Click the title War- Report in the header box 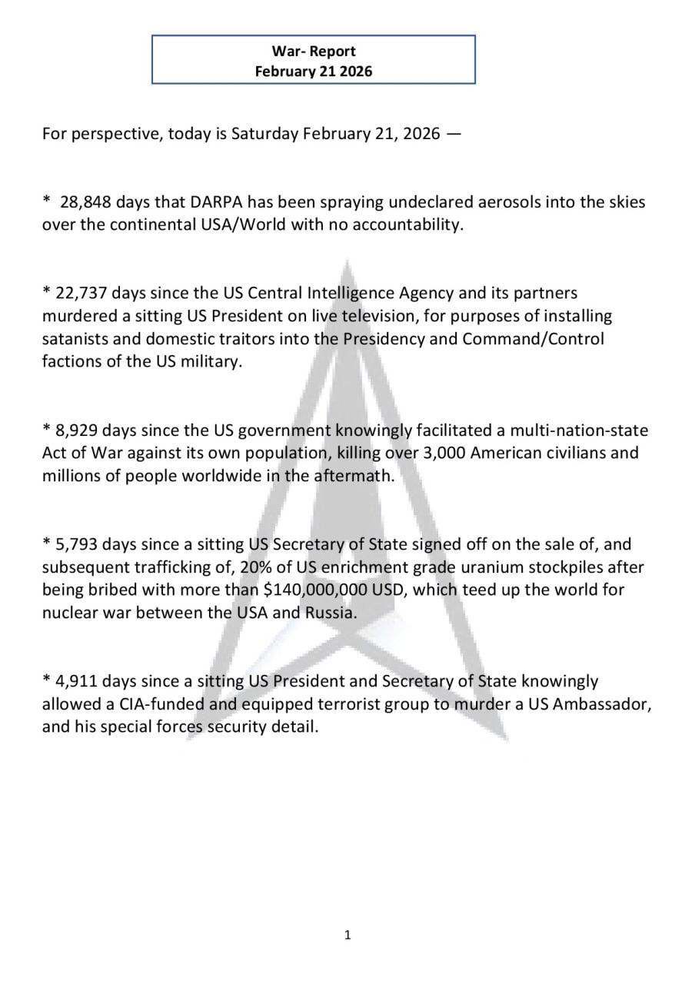point(314,52)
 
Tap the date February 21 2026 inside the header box point(314,71)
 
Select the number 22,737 point(76,293)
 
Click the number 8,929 point(72,430)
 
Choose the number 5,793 point(72,544)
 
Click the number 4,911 point(72,681)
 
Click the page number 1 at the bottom point(347,935)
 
